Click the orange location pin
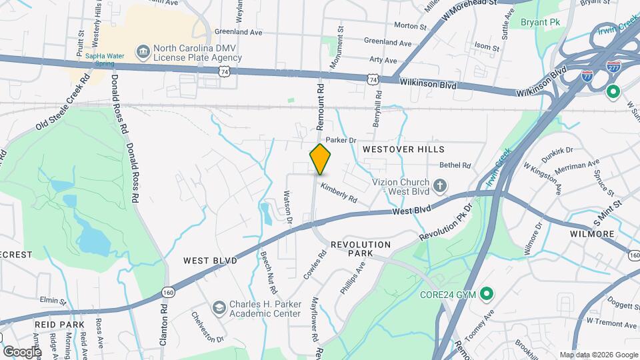[320, 159]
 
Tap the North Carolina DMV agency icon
[143, 52]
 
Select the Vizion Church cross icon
[440, 184]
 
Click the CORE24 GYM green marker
[487, 293]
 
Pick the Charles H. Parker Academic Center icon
[219, 307]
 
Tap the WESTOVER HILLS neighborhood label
[403, 149]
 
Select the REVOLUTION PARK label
[361, 249]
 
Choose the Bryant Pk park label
[541, 22]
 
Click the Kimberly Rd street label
[339, 194]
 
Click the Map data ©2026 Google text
[598, 355]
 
